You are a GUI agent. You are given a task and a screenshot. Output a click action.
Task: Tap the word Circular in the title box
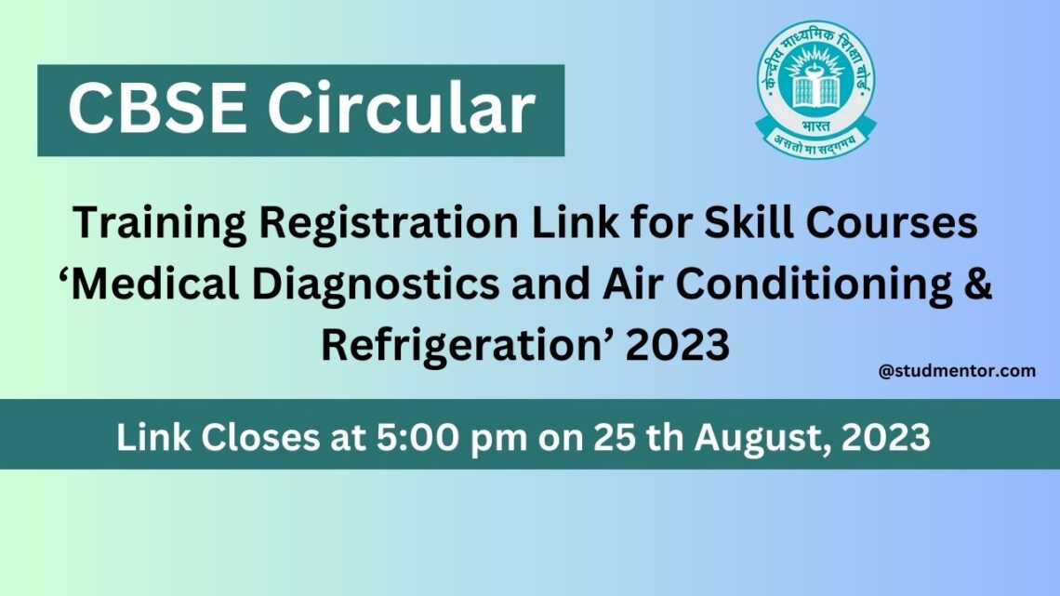(x=402, y=110)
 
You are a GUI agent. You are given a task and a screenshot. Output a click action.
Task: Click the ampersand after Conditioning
(x=977, y=285)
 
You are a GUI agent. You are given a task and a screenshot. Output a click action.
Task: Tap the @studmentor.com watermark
(x=957, y=371)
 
